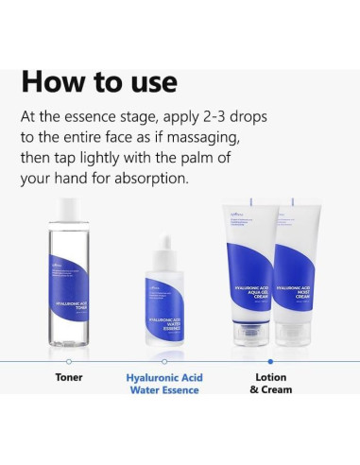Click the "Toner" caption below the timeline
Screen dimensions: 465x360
[69, 377]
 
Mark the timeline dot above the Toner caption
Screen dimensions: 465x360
[69, 360]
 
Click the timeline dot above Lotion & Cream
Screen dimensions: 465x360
[271, 360]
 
